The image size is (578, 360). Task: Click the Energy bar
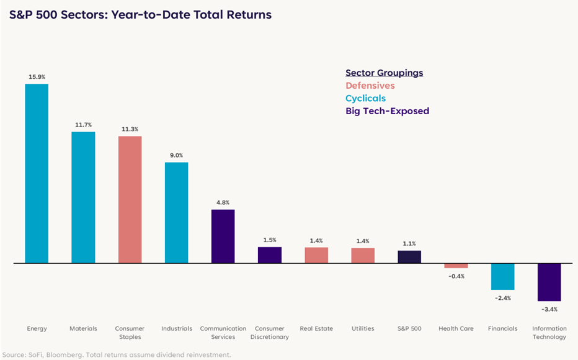pos(37,173)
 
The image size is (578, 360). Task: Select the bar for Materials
pos(83,197)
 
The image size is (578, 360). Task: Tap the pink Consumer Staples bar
pos(130,199)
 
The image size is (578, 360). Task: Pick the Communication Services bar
pos(223,236)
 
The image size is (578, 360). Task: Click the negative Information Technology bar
pos(549,282)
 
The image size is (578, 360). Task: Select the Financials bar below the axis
pos(502,276)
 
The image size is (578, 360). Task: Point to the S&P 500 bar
pos(409,256)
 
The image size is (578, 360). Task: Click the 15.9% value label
pos(37,76)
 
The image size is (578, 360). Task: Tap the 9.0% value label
pos(176,155)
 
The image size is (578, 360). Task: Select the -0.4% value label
pos(456,276)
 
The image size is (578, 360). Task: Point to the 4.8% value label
pos(223,202)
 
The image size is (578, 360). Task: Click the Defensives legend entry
pos(370,86)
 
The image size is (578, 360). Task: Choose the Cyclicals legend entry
pos(365,98)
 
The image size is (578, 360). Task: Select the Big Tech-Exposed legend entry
pos(387,111)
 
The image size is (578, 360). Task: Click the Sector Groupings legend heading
pos(384,73)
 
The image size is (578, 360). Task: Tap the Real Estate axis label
pos(316,328)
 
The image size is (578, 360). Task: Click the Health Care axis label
pos(456,328)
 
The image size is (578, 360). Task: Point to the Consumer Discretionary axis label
pos(269,333)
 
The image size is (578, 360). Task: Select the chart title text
pos(140,14)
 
